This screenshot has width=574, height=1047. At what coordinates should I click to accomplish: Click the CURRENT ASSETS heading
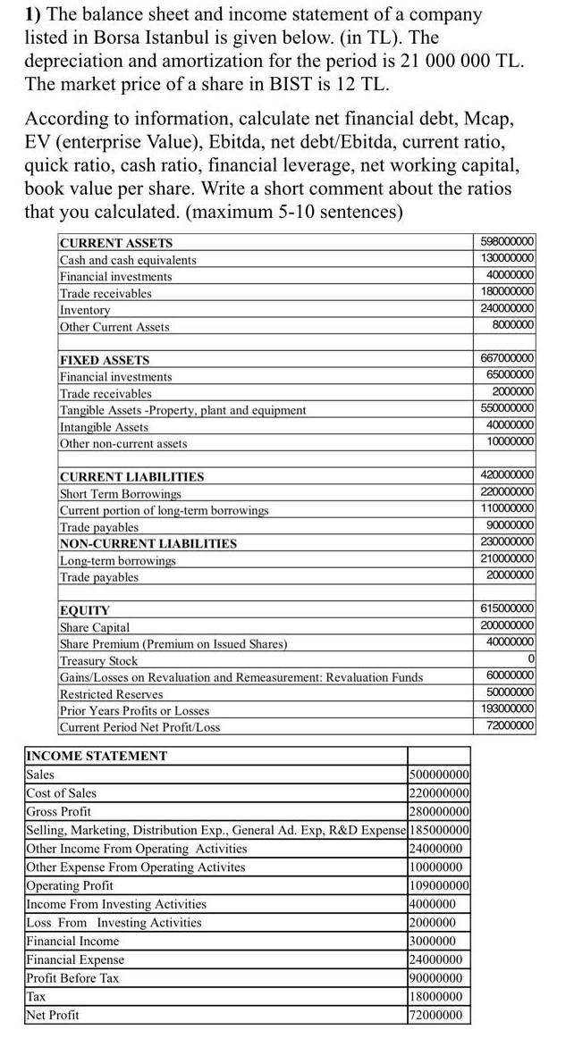tap(116, 243)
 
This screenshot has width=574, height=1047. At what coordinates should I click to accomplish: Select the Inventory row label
tap(85, 310)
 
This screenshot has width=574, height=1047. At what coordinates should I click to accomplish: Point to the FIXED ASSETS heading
tap(105, 360)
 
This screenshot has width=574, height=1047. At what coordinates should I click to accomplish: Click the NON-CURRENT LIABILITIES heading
tap(148, 544)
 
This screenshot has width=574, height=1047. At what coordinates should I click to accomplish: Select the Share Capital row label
tap(95, 627)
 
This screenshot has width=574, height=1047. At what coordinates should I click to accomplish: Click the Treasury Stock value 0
tap(531, 659)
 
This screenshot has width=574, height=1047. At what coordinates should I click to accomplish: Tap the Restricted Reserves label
tap(112, 694)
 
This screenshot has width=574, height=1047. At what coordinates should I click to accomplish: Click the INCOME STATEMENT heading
tap(97, 756)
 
